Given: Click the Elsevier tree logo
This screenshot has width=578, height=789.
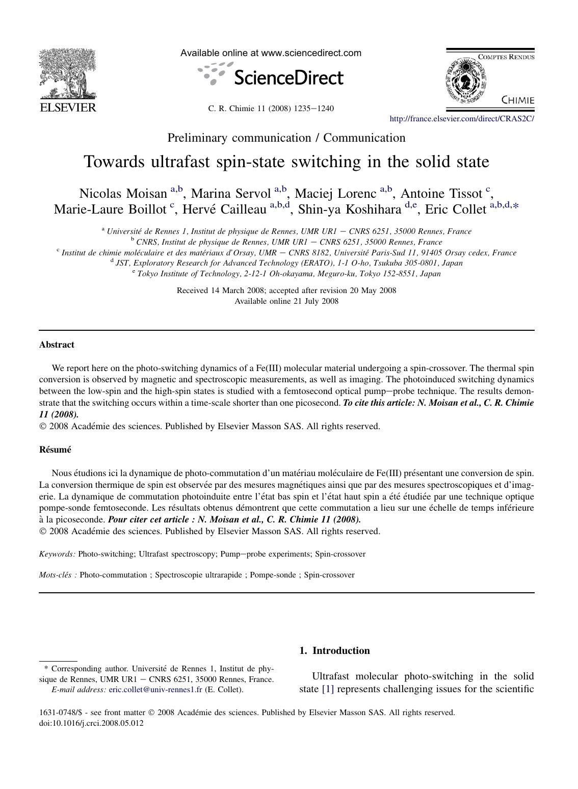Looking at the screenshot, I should [68, 74].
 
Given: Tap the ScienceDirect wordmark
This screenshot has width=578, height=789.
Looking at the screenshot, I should [288, 77].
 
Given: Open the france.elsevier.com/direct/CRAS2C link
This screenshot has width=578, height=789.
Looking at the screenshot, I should [461, 119].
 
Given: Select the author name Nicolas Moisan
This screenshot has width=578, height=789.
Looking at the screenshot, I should [123, 194].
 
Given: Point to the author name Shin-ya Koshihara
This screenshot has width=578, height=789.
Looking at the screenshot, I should [350, 209].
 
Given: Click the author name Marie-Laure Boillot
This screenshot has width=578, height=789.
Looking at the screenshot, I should [110, 209].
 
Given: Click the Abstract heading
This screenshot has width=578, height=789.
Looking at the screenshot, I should [57, 345].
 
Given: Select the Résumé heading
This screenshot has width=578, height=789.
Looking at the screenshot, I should [55, 450].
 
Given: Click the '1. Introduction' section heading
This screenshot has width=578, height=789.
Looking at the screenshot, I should [334, 650].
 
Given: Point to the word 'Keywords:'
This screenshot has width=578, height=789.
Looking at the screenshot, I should [57, 554].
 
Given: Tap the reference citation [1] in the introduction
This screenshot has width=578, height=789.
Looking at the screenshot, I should [327, 689].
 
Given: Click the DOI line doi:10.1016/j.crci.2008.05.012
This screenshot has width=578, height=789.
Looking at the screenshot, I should [91, 723].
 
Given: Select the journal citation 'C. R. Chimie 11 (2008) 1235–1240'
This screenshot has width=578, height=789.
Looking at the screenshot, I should [271, 108].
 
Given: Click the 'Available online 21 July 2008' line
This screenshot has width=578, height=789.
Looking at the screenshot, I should [286, 301].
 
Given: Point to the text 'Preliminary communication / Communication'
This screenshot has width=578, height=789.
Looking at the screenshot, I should [286, 138].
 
